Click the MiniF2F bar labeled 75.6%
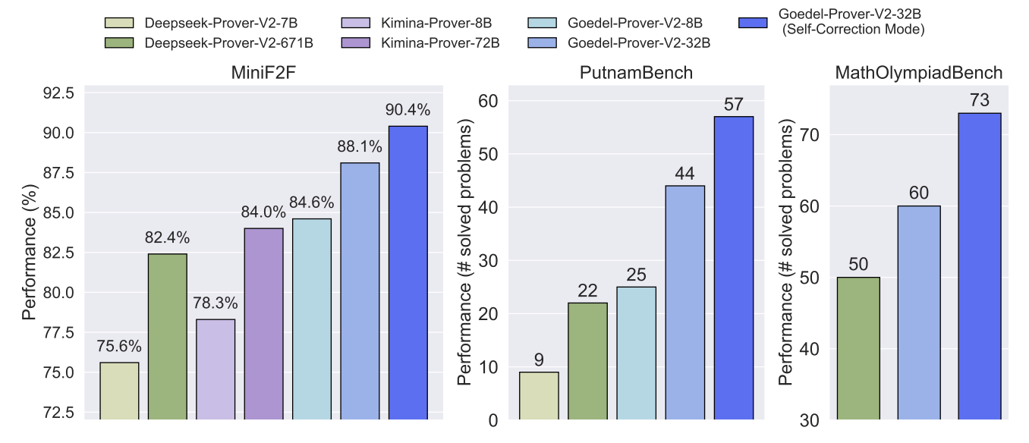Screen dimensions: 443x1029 click(x=119, y=391)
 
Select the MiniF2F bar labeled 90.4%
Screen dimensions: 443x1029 click(x=408, y=272)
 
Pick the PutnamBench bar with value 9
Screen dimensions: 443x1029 click(x=539, y=395)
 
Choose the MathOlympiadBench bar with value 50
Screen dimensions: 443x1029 click(x=858, y=348)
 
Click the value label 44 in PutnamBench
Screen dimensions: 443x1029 click(x=684, y=172)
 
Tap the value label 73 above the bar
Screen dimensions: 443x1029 click(x=980, y=99)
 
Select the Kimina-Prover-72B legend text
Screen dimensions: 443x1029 click(x=442, y=42)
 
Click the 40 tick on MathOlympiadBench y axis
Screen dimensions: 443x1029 click(x=809, y=349)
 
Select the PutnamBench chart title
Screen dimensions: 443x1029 click(x=635, y=73)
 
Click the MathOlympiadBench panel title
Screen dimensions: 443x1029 click(x=918, y=73)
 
